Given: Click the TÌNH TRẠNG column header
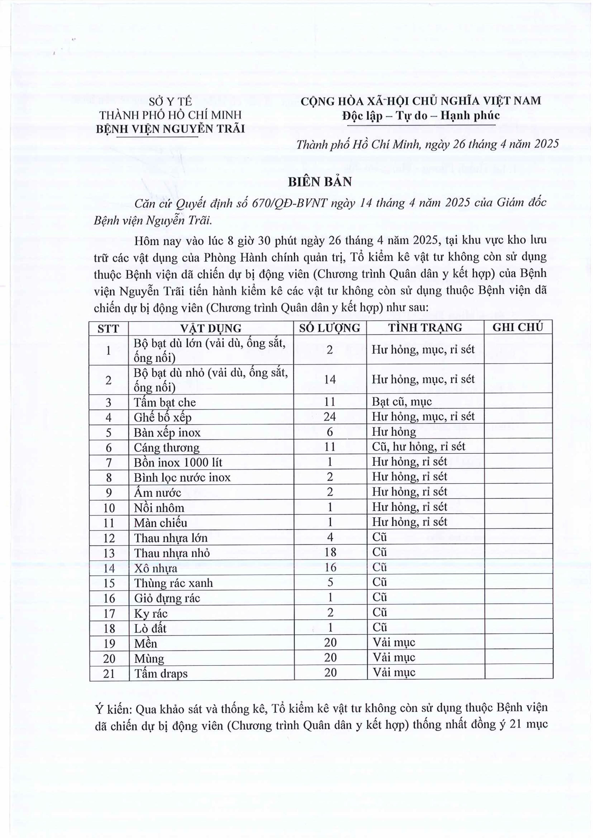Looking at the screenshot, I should [x=425, y=328].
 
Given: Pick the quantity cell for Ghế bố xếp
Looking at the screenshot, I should [x=330, y=416].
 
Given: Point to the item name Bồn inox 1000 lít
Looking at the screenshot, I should [x=178, y=462].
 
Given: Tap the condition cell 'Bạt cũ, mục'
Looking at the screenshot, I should [x=402, y=402].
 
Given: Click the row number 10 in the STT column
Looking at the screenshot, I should [x=109, y=508].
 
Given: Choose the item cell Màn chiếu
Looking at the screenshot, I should [x=160, y=523].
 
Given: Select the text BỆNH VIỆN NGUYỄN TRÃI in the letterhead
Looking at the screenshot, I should [x=170, y=129].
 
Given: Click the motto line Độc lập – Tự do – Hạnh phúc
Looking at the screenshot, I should [x=421, y=116].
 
